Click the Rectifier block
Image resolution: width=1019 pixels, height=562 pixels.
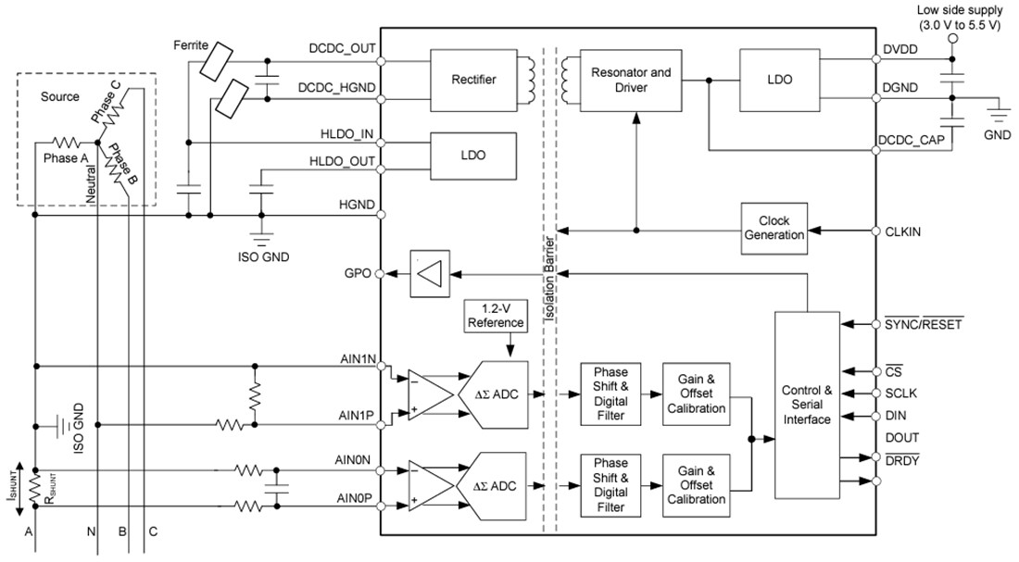[473, 79]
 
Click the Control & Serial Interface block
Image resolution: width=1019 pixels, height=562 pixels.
[807, 404]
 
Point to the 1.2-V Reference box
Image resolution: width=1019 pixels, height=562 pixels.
[496, 317]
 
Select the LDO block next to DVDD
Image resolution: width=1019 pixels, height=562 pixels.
[779, 80]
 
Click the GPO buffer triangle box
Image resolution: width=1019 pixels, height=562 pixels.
[428, 273]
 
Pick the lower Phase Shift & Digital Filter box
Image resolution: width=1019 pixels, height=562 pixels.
[610, 484]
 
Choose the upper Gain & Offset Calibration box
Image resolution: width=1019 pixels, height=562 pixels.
[696, 393]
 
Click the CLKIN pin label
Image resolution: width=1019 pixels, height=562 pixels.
[902, 231]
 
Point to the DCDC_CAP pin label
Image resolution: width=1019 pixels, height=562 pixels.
[912, 139]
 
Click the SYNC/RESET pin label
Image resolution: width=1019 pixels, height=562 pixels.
[923, 324]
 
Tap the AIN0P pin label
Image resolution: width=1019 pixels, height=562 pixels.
[355, 498]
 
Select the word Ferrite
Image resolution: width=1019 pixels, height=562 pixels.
[190, 44]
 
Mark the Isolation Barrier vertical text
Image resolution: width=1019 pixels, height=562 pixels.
[549, 278]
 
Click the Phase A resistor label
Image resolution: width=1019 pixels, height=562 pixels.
[67, 158]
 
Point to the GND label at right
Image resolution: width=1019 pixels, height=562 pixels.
[997, 134]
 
